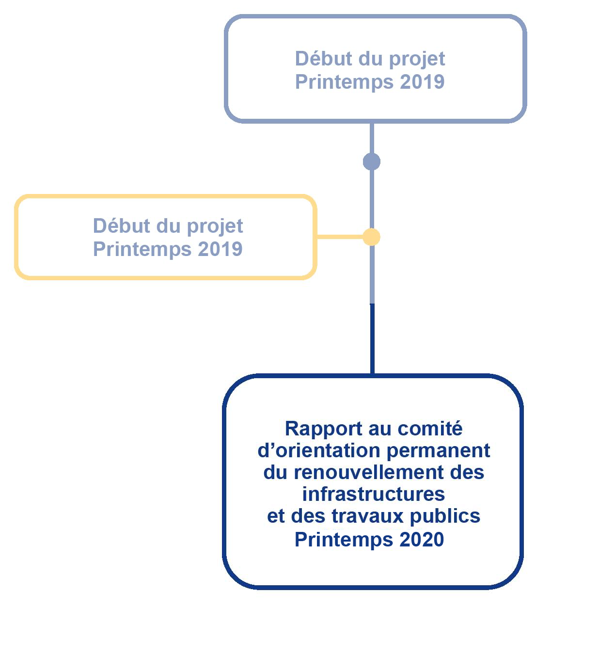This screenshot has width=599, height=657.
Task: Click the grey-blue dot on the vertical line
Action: click(x=372, y=162)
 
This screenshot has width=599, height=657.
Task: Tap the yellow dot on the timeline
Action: click(x=372, y=237)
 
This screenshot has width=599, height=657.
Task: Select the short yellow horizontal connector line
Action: click(x=340, y=237)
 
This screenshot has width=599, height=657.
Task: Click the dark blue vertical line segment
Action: click(x=372, y=339)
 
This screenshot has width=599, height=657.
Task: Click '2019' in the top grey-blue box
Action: click(x=422, y=82)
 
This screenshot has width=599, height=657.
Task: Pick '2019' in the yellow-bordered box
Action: click(x=220, y=249)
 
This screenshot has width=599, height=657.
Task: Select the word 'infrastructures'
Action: click(x=373, y=494)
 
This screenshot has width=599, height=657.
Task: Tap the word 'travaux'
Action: click(x=367, y=516)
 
